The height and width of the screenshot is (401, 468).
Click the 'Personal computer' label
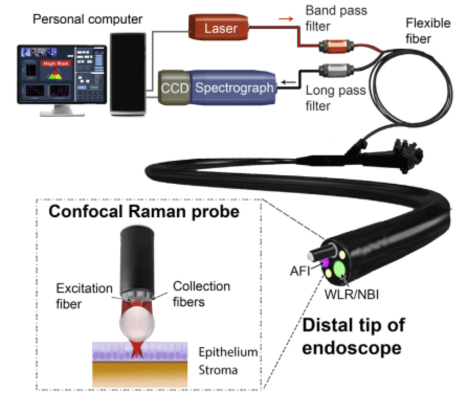[x=87, y=20]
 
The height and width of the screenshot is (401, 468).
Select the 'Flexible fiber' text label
[x=427, y=31]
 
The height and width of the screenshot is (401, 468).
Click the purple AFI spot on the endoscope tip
[x=326, y=262]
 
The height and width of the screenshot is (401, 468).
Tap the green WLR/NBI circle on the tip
[x=340, y=270]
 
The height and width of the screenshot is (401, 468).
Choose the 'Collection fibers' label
[x=202, y=294]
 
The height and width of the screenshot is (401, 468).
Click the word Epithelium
[x=228, y=352]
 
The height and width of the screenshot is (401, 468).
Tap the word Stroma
[x=218, y=370]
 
